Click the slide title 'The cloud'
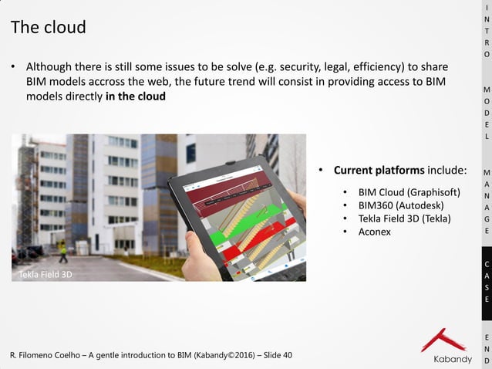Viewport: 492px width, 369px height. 48,28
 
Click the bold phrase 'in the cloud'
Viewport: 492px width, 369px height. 135,96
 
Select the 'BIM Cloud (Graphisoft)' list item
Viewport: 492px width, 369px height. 409,191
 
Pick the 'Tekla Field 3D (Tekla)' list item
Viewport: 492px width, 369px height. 404,218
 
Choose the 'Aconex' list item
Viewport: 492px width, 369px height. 375,232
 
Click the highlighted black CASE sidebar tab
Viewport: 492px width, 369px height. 486,282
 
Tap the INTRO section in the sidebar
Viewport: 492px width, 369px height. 486,31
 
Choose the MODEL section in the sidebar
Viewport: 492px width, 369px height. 486,113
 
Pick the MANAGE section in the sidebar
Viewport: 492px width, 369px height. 486,201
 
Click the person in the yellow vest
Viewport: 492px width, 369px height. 63,252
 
